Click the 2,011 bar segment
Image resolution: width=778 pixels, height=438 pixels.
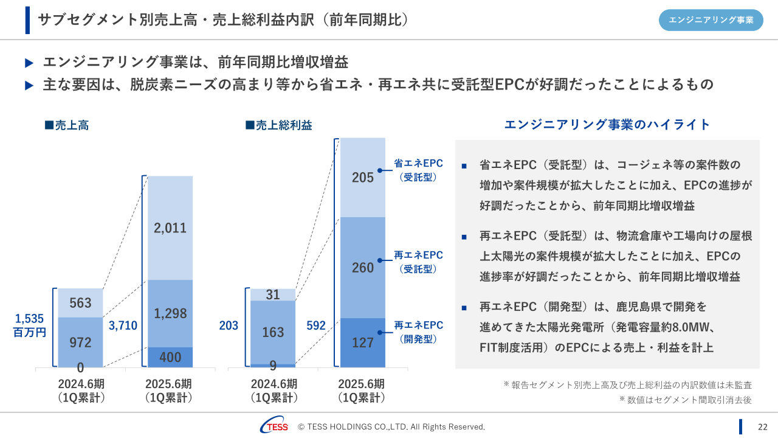(x=170, y=228)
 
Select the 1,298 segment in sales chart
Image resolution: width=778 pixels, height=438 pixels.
(x=170, y=313)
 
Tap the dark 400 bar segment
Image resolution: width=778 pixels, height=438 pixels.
(x=170, y=357)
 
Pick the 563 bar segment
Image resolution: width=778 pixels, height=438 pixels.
(x=80, y=303)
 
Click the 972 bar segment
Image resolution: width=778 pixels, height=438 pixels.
(x=80, y=342)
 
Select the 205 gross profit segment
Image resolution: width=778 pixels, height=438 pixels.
(x=363, y=177)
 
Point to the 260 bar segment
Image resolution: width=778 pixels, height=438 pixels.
(x=363, y=268)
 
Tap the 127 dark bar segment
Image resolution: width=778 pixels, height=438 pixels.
(x=363, y=342)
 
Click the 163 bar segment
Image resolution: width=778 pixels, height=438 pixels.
(x=273, y=332)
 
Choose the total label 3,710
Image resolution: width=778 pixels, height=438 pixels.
(x=123, y=326)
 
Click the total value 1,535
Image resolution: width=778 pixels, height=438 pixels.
(x=30, y=319)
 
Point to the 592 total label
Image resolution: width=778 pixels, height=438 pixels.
(x=315, y=326)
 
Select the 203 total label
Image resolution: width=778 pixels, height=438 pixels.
(x=229, y=326)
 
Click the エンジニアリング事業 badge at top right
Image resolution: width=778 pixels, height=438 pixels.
(x=711, y=20)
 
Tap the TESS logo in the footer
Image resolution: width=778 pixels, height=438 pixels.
(x=274, y=426)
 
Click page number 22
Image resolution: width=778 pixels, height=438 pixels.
(x=762, y=426)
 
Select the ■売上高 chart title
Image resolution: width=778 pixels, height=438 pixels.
(x=67, y=125)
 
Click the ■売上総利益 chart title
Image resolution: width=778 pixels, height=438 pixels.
(x=278, y=125)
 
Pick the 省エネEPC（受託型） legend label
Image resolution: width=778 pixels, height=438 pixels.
(x=418, y=170)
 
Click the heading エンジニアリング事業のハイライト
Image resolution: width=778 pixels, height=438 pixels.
(x=607, y=125)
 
